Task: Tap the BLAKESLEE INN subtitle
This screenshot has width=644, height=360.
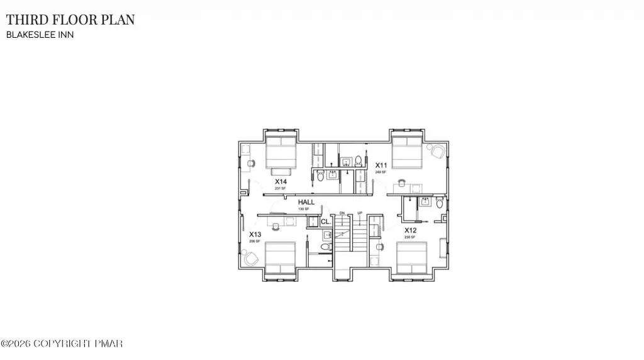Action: (x=40, y=35)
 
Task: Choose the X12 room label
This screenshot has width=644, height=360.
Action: (x=411, y=230)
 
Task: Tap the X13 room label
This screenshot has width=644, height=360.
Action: (x=255, y=234)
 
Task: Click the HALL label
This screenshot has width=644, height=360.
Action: (x=306, y=203)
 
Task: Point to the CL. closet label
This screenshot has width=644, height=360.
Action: (x=326, y=222)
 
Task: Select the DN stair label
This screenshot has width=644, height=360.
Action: (x=342, y=213)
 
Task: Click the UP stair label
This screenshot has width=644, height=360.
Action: (x=360, y=213)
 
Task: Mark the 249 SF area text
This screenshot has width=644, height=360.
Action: (x=380, y=171)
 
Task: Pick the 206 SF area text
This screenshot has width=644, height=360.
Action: (x=255, y=241)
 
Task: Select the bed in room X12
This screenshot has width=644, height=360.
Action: (x=411, y=259)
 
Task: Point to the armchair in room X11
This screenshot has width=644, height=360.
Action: (x=436, y=151)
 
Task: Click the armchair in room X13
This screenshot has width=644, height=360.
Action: (x=250, y=257)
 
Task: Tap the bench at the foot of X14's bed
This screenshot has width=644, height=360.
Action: (x=280, y=171)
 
